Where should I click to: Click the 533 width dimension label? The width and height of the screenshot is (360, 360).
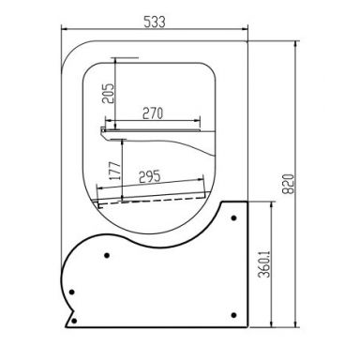pos(154,22)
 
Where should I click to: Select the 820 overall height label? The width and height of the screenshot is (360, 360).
pos(288,184)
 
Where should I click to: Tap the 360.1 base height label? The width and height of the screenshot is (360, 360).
pos(264,264)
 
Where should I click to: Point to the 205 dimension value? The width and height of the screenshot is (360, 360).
pos(108,93)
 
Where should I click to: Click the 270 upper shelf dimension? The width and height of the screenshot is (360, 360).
pos(153,112)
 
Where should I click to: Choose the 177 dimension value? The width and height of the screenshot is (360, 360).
pos(114,171)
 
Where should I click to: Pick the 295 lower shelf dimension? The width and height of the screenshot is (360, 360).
pos(149,176)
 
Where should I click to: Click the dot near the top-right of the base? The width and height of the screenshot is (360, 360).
pos(233,217)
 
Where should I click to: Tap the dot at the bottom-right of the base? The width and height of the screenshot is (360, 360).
pos(233,315)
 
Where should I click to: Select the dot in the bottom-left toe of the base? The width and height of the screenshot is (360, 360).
pos(74,321)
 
